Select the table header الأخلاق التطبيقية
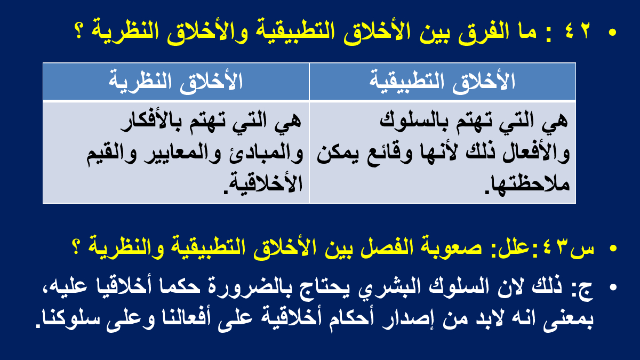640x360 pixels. (x=442, y=82)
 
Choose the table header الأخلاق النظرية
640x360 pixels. (x=175, y=82)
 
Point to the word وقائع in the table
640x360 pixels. (x=385, y=154)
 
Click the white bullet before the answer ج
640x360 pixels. (x=613, y=287)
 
